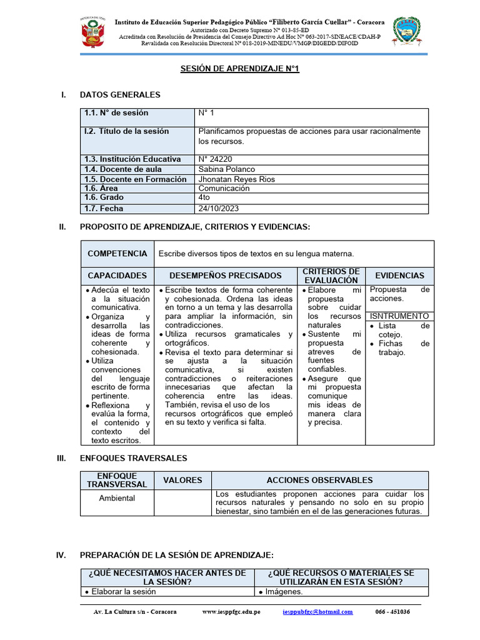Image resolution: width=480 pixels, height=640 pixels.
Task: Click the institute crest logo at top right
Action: tap(406, 32)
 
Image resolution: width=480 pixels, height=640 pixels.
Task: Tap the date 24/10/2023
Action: tap(218, 209)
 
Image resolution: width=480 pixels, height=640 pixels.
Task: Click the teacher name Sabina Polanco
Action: tap(226, 169)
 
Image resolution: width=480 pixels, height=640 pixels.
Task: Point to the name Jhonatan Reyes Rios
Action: tap(236, 179)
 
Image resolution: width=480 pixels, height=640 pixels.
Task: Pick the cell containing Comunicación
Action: tap(224, 188)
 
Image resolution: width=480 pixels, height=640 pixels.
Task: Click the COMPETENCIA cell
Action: tap(117, 254)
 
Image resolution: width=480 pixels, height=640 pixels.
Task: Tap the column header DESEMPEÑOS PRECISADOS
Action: tap(226, 276)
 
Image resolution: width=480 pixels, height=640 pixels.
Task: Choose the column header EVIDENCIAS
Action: tap(399, 276)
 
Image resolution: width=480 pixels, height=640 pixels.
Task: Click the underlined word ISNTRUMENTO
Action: tap(399, 316)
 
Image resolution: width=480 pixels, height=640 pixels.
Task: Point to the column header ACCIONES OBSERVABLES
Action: tap(319, 481)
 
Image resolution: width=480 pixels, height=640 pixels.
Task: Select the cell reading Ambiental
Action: tap(117, 498)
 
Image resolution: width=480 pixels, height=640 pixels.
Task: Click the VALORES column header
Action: tap(182, 481)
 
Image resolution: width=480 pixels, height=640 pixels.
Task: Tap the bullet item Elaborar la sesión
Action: tap(123, 592)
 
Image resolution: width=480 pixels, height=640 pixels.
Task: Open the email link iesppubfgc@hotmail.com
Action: tap(317, 612)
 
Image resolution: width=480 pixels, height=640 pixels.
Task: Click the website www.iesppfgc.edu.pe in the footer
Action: tap(231, 612)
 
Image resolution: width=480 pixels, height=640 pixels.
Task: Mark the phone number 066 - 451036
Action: tap(392, 612)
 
